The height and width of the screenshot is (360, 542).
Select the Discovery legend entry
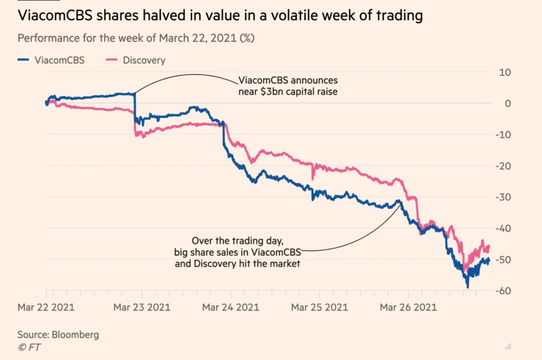[x=137, y=60]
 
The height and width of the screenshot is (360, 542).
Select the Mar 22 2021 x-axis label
[x=46, y=307]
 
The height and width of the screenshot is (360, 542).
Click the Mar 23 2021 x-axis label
[x=142, y=307]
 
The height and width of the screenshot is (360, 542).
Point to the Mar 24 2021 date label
[x=231, y=307]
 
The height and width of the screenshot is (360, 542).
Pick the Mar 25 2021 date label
[x=320, y=307]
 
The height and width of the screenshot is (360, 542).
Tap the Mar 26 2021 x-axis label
[x=409, y=307]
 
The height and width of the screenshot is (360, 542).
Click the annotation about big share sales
[x=238, y=252]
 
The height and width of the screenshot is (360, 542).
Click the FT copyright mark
[x=29, y=347]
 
